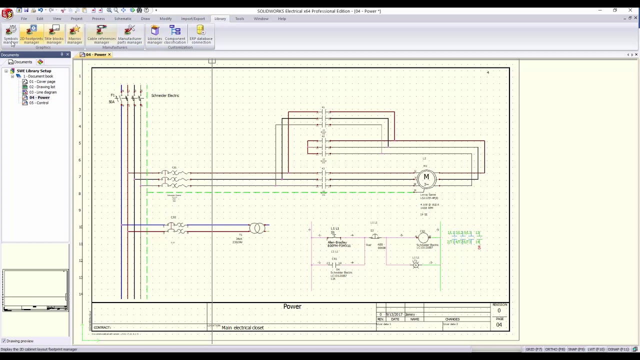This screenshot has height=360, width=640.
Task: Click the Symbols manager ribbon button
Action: point(10,34)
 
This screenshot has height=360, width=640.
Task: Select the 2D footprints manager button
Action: point(31,34)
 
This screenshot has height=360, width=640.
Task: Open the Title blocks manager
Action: point(54,34)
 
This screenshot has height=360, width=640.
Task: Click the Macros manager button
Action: point(74,34)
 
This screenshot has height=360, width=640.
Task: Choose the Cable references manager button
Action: point(101,34)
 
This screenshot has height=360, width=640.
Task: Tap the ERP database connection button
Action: point(201,34)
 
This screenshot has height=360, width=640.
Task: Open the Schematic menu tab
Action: point(122,18)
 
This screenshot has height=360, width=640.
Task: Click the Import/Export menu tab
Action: point(193,18)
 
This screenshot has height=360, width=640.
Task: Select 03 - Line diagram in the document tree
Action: point(42,92)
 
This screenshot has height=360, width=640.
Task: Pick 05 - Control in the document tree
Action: point(38,103)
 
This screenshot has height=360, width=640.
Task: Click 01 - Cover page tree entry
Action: point(42,81)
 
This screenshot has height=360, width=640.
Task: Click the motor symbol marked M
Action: point(426,177)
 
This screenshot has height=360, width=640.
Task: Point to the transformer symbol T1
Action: point(257,228)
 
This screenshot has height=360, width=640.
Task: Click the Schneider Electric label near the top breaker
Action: point(165,95)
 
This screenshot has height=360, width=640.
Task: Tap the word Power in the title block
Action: point(292,306)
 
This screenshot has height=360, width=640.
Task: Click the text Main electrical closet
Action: point(242,328)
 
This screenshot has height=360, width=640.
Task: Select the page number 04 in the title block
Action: point(499,324)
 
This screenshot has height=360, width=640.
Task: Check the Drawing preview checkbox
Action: point(4,341)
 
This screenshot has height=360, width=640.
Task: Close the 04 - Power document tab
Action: point(109,54)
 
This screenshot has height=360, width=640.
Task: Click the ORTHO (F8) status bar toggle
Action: point(554,349)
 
